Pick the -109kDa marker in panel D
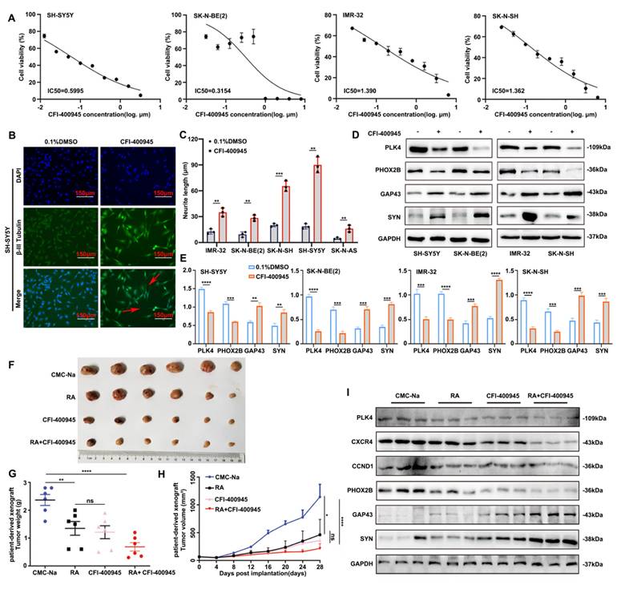[x=588, y=149]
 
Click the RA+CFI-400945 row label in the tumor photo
[x=64, y=442]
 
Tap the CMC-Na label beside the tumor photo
[x=70, y=373]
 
